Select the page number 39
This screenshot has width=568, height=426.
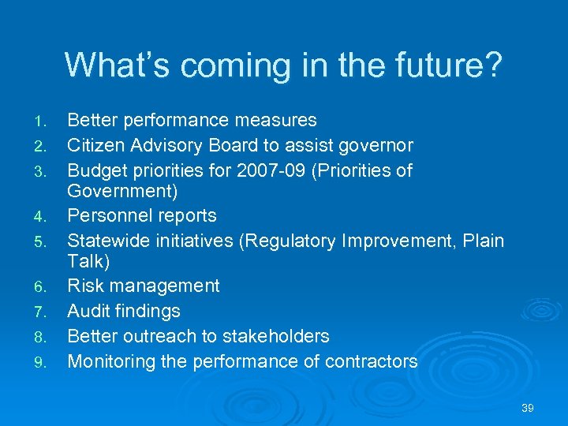click(528, 408)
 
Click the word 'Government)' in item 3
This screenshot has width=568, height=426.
click(122, 192)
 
